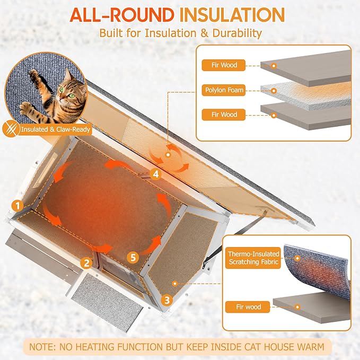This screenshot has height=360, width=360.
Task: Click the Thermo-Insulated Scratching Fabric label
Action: click(x=252, y=259)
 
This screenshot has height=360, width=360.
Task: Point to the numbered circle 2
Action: click(x=86, y=262)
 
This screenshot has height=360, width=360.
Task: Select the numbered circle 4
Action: click(x=155, y=173)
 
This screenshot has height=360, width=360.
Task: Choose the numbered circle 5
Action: click(x=134, y=257)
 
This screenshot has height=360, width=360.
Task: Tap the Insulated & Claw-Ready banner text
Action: click(x=56, y=129)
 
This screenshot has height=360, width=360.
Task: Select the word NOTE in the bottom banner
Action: click(x=45, y=347)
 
